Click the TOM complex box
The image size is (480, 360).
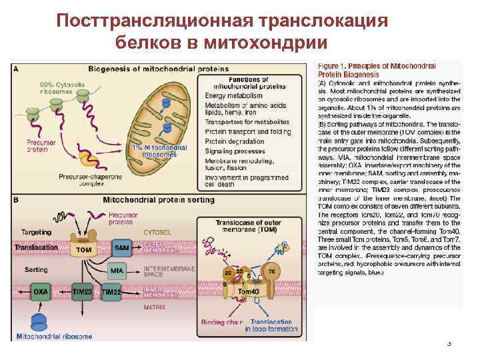84,249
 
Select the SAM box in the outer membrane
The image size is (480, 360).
121,248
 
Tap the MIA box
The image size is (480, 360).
117,271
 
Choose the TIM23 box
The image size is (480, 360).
83,293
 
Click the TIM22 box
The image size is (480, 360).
111,293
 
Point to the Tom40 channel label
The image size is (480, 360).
248,291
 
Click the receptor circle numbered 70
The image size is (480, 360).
271,271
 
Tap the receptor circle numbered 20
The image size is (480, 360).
228,273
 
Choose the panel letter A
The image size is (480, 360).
15,68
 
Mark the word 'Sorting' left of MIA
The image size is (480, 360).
36,270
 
